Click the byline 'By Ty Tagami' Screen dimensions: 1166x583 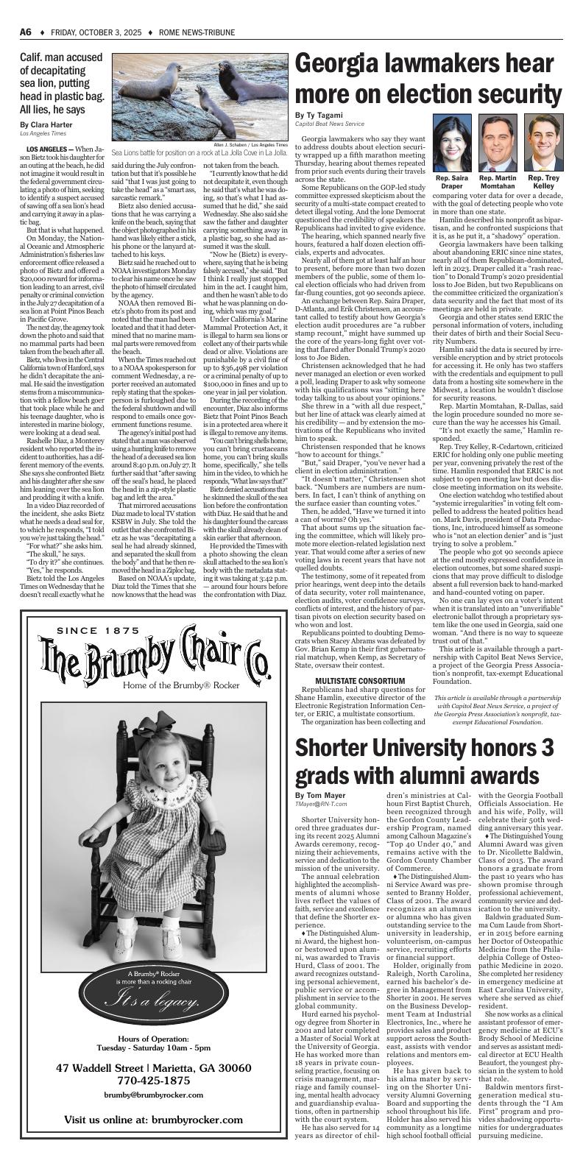coord(319,116)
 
